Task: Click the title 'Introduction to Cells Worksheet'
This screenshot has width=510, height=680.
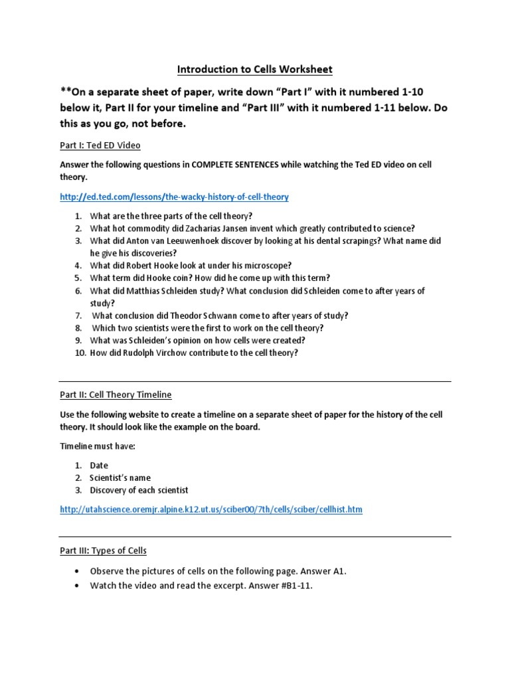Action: pyautogui.click(x=254, y=69)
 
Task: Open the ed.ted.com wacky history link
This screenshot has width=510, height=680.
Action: pyautogui.click(x=174, y=197)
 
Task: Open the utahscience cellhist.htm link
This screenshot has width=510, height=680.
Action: pyautogui.click(x=211, y=509)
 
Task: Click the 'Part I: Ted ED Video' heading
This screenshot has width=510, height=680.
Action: pyautogui.click(x=100, y=145)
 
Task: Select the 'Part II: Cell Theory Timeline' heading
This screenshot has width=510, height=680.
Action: pyautogui.click(x=116, y=394)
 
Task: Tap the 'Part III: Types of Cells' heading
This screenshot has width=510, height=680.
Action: pyautogui.click(x=103, y=551)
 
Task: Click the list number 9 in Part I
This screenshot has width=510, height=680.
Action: pyautogui.click(x=78, y=341)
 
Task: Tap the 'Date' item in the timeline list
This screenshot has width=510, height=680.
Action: pyautogui.click(x=99, y=466)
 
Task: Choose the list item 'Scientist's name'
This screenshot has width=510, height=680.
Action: pyautogui.click(x=120, y=477)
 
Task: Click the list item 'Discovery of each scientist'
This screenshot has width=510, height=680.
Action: pyautogui.click(x=139, y=490)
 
